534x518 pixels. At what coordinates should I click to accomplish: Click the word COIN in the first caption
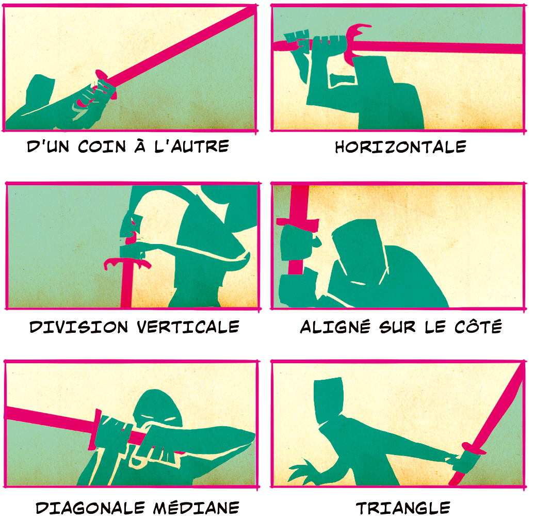click(102, 147)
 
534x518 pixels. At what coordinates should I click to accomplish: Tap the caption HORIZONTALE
click(400, 147)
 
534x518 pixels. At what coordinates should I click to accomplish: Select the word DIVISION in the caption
click(78, 327)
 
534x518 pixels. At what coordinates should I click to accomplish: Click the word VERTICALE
click(188, 327)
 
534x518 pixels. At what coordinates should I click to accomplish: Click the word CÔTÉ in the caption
click(478, 326)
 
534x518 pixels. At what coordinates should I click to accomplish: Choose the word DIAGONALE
click(90, 508)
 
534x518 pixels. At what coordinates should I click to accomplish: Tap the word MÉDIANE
click(196, 507)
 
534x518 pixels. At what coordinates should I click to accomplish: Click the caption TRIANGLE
click(403, 508)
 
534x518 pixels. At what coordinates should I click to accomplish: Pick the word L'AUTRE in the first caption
click(191, 147)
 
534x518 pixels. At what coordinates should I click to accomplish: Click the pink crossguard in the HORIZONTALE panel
click(355, 43)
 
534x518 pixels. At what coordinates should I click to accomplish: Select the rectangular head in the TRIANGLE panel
click(328, 400)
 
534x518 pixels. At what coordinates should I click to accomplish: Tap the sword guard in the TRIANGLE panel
click(474, 448)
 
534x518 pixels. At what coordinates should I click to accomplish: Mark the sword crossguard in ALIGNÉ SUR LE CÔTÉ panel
click(297, 222)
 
